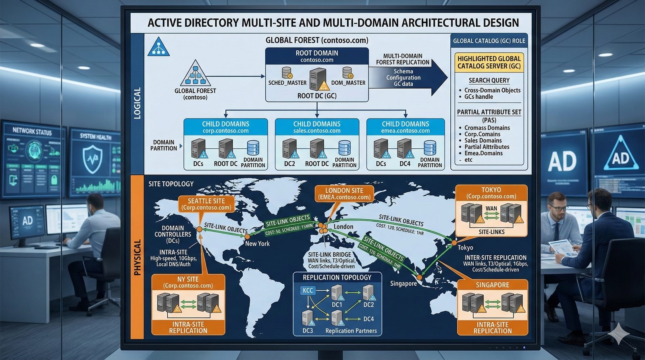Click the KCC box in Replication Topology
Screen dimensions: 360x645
pos(308,290)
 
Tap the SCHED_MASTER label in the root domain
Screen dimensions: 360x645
pos(287,83)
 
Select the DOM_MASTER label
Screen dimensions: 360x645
pos(348,83)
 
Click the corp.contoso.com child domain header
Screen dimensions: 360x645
pos(226,127)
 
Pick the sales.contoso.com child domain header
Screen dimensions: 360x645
pos(317,127)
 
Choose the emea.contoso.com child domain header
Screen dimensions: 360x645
pos(406,127)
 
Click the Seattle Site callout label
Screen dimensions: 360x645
pos(206,204)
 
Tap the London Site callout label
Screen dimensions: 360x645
pos(344,194)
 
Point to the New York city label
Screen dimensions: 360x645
pos(257,243)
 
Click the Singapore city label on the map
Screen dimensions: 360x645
pos(403,283)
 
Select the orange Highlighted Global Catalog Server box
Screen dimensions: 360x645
pos(489,62)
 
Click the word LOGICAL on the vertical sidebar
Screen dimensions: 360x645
pos(137,103)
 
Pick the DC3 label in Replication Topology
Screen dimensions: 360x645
pos(308,331)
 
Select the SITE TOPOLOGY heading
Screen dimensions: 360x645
pos(171,184)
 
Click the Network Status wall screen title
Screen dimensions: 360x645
pos(32,131)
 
